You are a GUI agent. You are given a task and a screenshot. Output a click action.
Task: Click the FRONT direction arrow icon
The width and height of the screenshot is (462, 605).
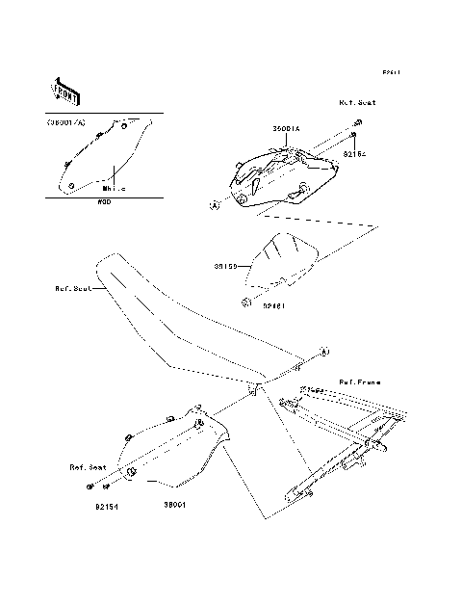[66, 90]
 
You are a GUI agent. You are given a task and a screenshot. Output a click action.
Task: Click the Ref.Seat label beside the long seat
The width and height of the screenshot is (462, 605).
[74, 287]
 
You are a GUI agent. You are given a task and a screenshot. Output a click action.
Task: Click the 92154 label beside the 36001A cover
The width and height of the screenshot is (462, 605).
[356, 153]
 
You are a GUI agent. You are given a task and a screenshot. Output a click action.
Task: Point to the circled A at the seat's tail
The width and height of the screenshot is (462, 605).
[323, 351]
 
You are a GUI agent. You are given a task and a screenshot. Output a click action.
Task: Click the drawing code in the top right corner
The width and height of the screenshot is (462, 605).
[391, 72]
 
